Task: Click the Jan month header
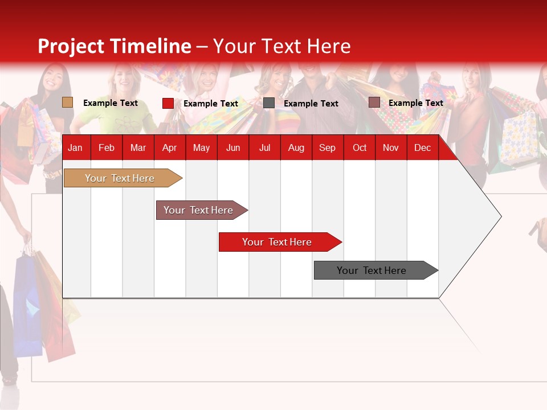click(x=75, y=148)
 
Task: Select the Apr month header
click(x=169, y=148)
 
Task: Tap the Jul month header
click(x=264, y=148)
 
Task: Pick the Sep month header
click(x=327, y=148)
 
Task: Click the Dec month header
click(x=422, y=148)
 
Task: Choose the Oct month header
click(x=359, y=148)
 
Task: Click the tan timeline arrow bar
click(x=120, y=178)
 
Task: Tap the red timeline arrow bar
click(x=277, y=242)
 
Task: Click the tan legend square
click(x=68, y=102)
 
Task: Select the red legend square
click(x=168, y=103)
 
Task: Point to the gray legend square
click(x=269, y=103)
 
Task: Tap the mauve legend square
click(x=374, y=102)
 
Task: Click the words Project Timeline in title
click(x=114, y=46)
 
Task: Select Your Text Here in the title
click(x=282, y=46)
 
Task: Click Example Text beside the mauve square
click(x=415, y=103)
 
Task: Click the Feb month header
click(x=107, y=148)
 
